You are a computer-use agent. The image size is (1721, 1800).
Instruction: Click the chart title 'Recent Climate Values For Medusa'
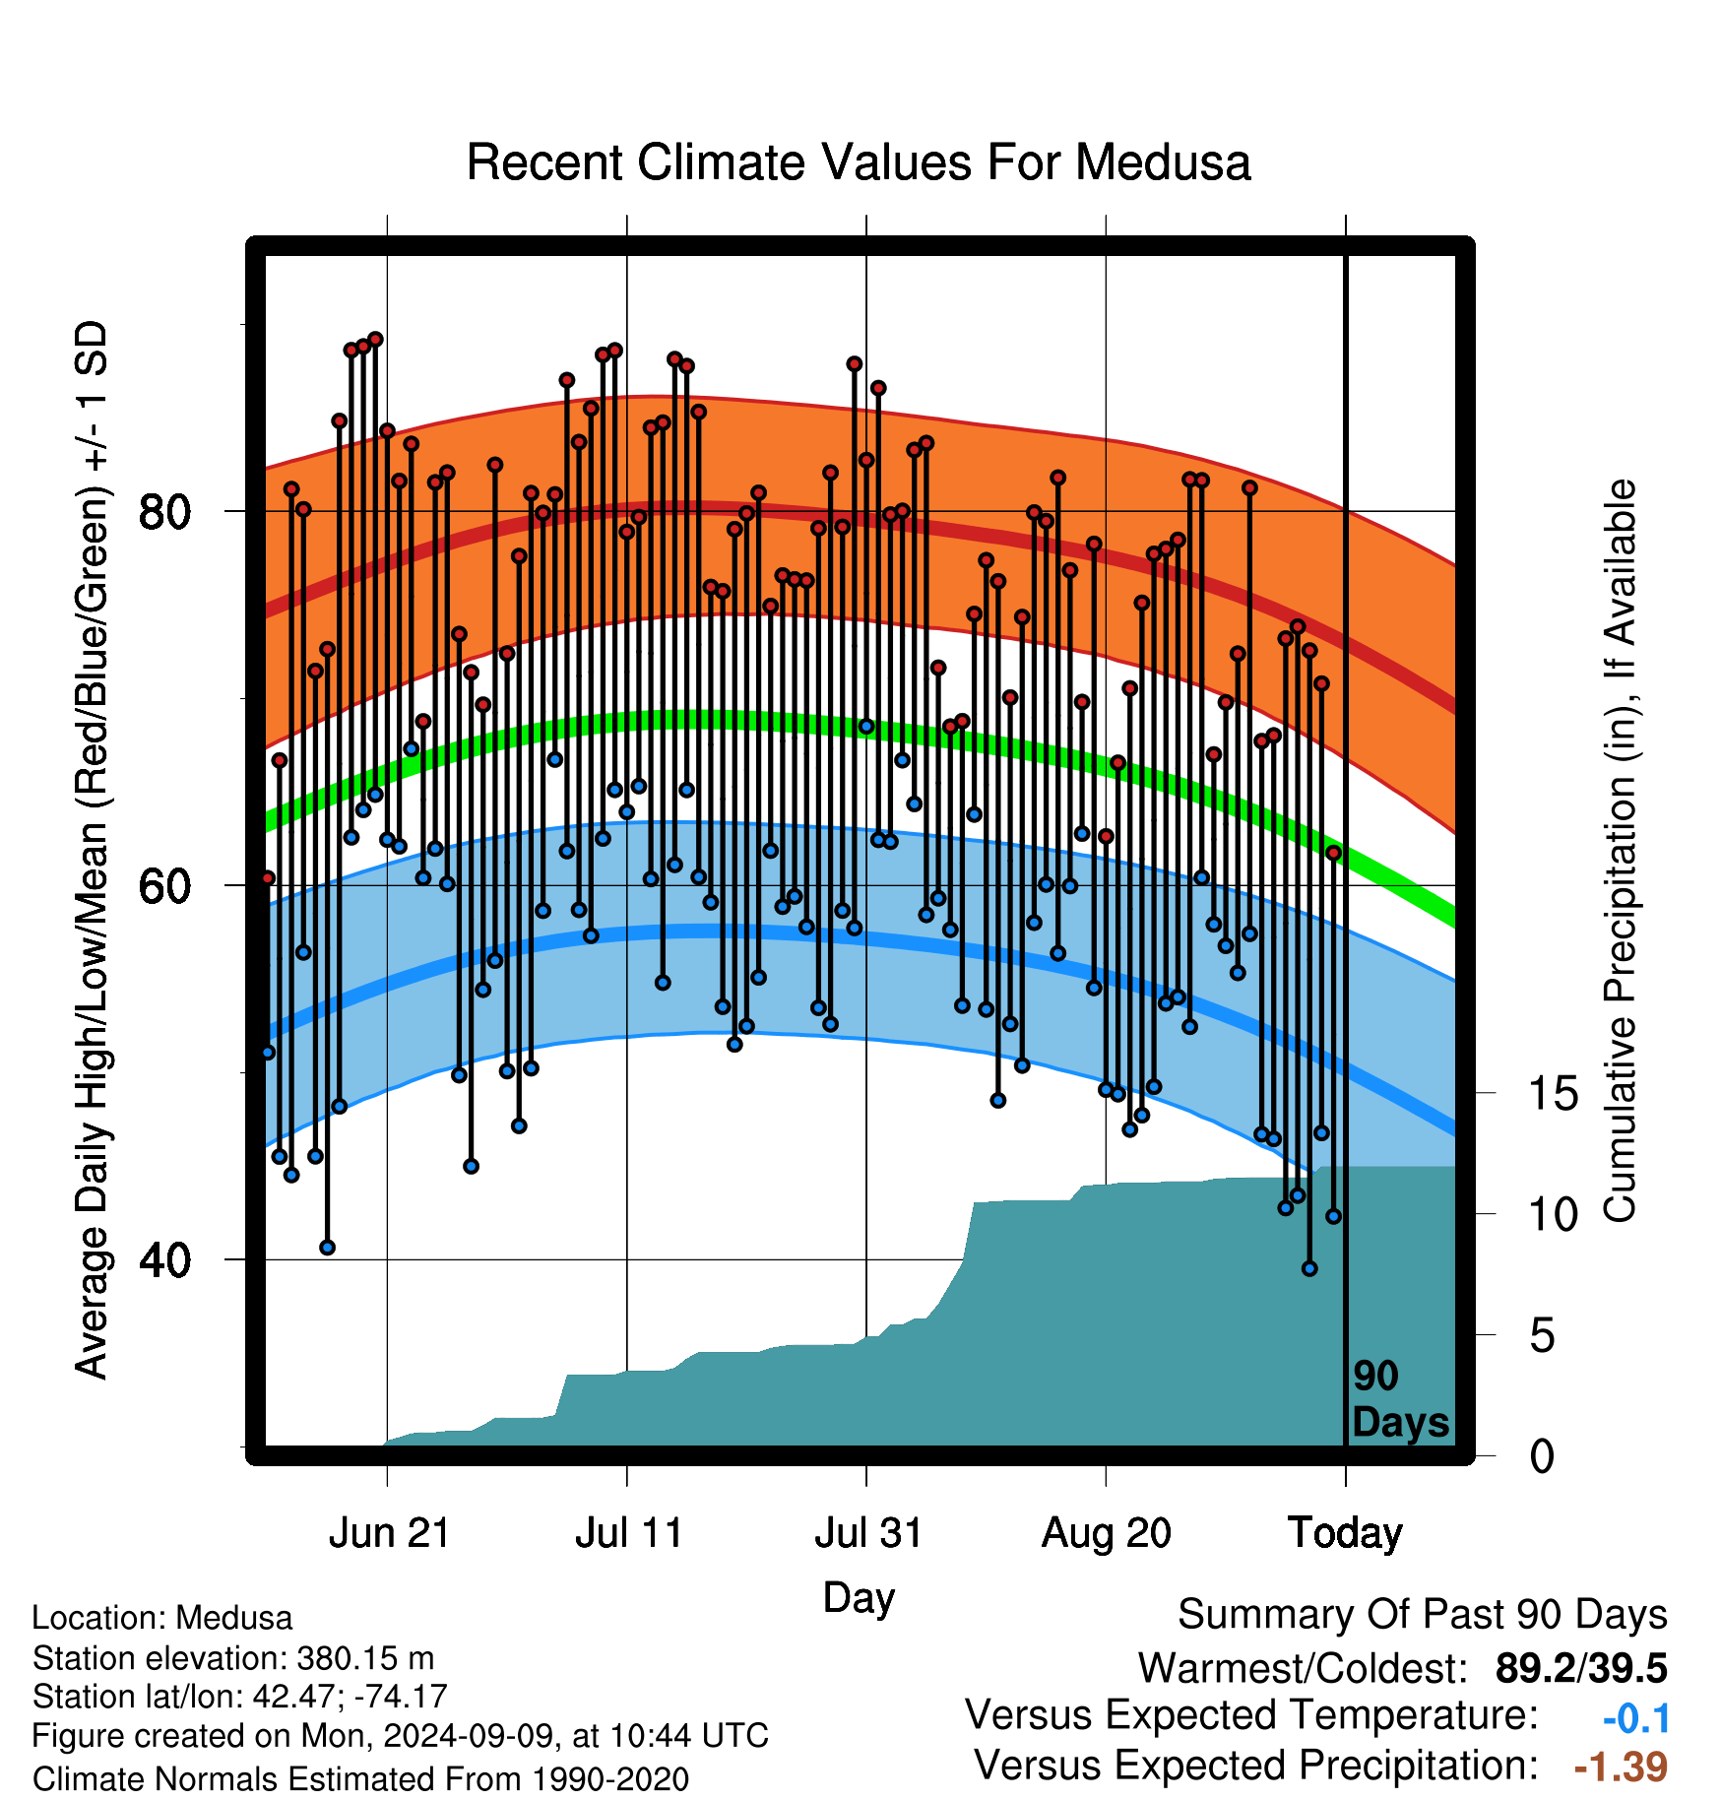pyautogui.click(x=859, y=162)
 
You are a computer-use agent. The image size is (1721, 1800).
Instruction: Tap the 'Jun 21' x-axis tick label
pyautogui.click(x=389, y=1533)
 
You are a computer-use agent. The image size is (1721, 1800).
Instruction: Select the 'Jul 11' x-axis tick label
pyautogui.click(x=629, y=1533)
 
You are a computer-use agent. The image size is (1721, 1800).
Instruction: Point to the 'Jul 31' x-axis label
pyautogui.click(x=868, y=1533)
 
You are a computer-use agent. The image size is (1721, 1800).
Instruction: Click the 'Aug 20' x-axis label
pyautogui.click(x=1107, y=1533)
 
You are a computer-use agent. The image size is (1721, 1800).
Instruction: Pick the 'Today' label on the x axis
pyautogui.click(x=1346, y=1533)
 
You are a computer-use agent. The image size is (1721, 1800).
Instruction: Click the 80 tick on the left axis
pyautogui.click(x=164, y=512)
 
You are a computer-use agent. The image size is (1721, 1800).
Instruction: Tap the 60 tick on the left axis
pyautogui.click(x=164, y=886)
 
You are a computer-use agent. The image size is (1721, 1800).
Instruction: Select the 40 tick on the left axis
pyautogui.click(x=164, y=1260)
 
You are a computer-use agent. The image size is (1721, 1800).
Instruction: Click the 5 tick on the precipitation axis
pyautogui.click(x=1543, y=1336)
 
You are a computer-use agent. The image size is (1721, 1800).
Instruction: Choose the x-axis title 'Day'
pyautogui.click(x=859, y=1598)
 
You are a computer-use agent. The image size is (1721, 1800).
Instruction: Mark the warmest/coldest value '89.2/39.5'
pyautogui.click(x=1581, y=1668)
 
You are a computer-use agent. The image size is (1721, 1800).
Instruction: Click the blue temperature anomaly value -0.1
pyautogui.click(x=1636, y=1718)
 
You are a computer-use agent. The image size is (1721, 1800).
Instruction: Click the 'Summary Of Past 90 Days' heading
pyautogui.click(x=1423, y=1615)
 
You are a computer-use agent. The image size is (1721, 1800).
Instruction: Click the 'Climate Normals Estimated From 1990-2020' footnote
pyautogui.click(x=360, y=1779)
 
